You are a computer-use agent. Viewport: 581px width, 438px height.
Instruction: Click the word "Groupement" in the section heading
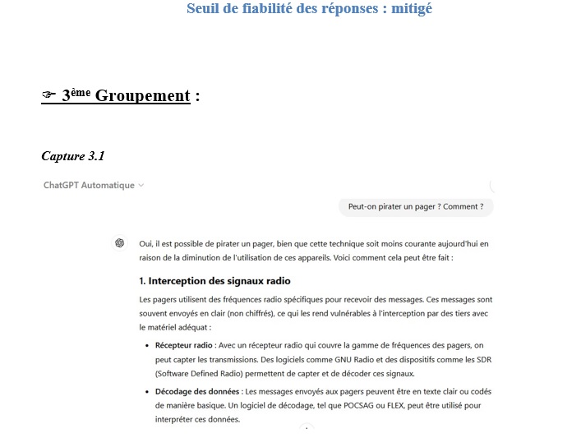coord(142,95)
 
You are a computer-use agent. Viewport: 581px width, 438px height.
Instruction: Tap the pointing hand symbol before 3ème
coord(48,95)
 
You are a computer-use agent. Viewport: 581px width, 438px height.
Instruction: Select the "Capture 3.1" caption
coord(72,155)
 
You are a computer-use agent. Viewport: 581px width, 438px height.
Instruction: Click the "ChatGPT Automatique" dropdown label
coord(89,185)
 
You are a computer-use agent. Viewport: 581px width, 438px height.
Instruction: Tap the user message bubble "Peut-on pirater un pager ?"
coord(416,207)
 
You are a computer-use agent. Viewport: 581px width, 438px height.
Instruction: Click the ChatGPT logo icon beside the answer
coord(119,243)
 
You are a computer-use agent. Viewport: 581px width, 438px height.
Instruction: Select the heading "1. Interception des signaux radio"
coord(214,281)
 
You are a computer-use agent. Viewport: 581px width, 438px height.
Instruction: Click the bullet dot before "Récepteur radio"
coord(146,346)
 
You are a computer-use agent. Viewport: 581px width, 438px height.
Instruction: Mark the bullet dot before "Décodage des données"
coord(146,391)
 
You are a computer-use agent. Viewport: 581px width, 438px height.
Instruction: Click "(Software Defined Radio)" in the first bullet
coord(201,374)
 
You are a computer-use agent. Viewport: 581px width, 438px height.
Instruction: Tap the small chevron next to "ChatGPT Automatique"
coord(141,185)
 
